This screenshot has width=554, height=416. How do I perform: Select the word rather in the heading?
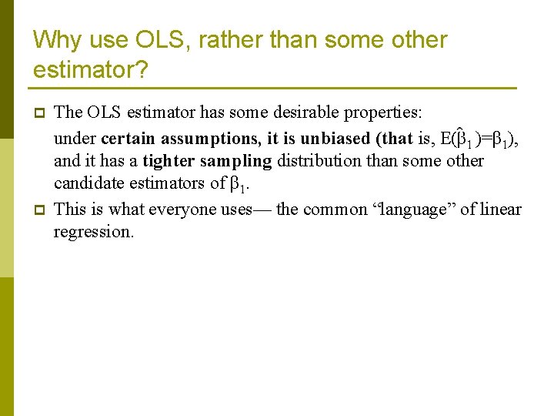212,40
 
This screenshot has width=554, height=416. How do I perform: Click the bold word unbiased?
335,139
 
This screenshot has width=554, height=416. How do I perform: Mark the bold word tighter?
167,161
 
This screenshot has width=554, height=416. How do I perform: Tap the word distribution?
315,160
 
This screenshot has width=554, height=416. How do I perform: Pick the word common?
335,210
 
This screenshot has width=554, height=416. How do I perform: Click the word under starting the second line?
75,139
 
